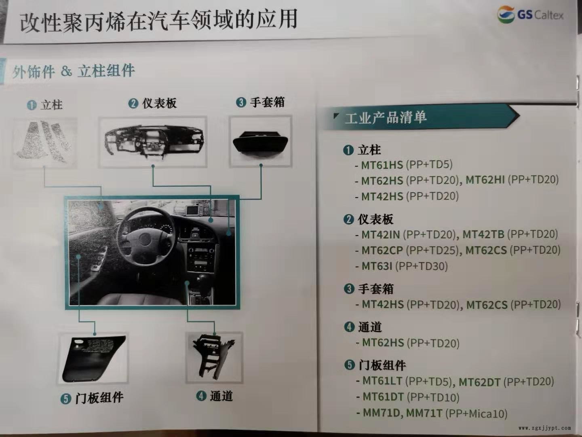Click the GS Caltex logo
[x=530, y=15]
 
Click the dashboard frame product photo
[x=153, y=142]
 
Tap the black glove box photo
[x=261, y=142]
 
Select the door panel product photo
[x=93, y=358]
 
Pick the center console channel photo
[x=214, y=357]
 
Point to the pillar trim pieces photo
[x=44, y=142]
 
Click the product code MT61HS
[x=382, y=165]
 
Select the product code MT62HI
[x=485, y=180]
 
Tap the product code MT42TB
[x=483, y=234]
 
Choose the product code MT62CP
[x=382, y=250]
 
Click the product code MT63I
[x=377, y=266]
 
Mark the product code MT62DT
[x=479, y=382]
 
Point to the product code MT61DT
[x=383, y=397]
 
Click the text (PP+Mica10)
[x=477, y=414]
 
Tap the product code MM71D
[x=381, y=413]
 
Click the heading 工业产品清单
[x=386, y=117]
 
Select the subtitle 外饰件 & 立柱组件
[x=74, y=71]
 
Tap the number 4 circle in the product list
[x=349, y=327]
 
